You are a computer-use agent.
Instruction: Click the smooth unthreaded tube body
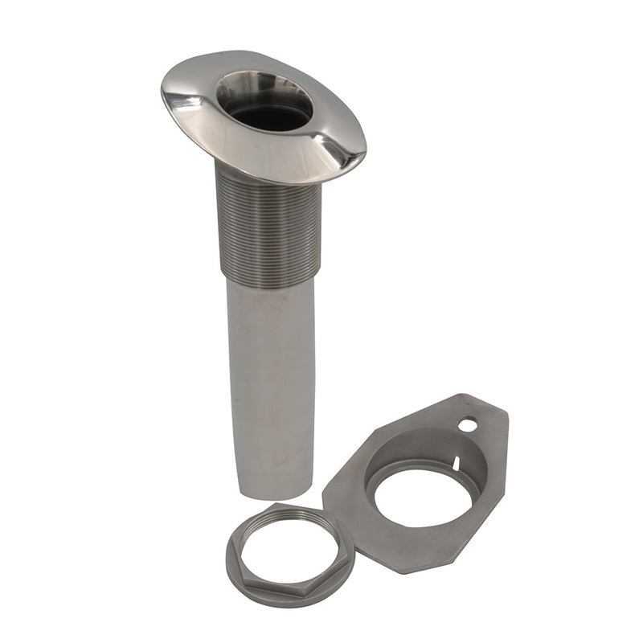[x=269, y=378]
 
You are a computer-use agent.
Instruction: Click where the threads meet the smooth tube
[x=268, y=281]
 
